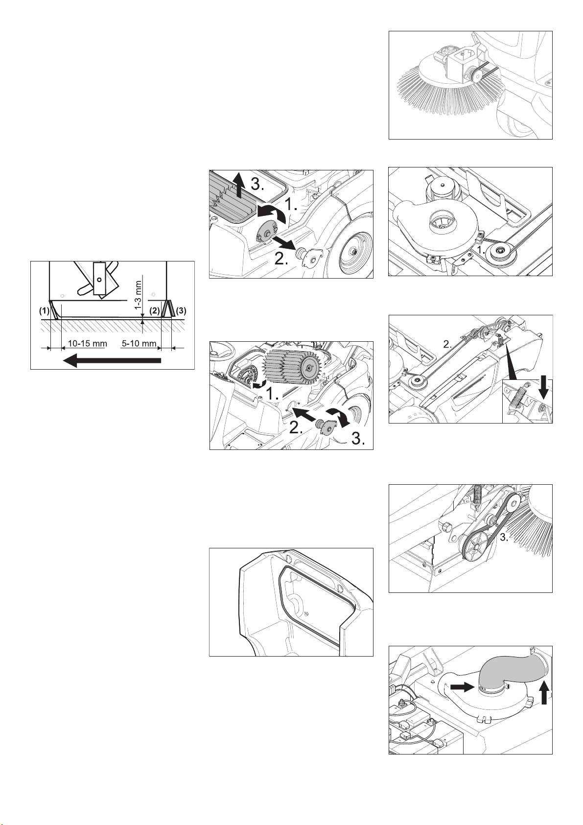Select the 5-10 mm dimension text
pos(139,344)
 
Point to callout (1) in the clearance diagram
pos(44,310)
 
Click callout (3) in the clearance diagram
pos(181,310)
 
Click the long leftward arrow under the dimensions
pos(112,360)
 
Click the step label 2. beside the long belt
pos(447,345)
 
